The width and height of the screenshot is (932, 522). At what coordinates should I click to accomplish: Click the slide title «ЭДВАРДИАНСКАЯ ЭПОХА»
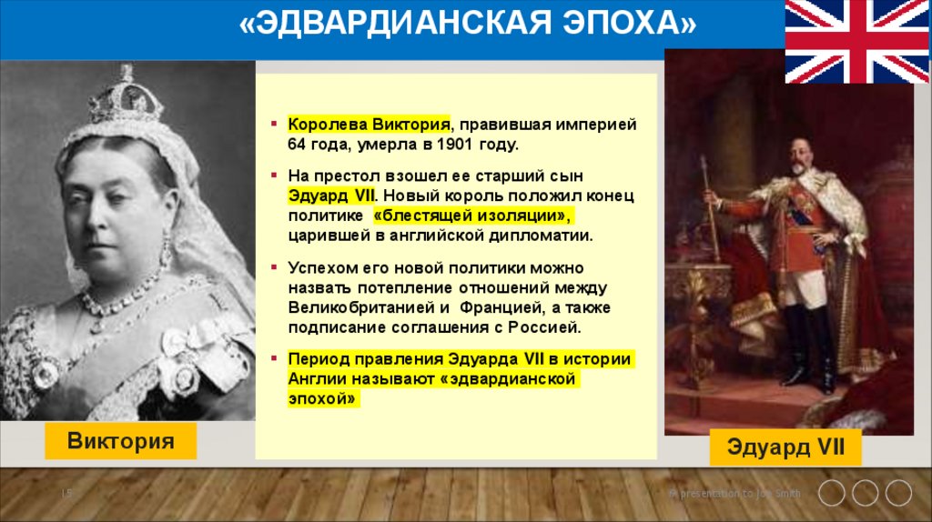pos(467,25)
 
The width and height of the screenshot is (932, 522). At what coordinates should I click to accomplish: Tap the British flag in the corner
pos(856,41)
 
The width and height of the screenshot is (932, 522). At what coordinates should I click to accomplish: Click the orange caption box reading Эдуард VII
pos(786,447)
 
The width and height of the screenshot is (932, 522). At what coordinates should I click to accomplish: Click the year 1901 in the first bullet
pos(463,145)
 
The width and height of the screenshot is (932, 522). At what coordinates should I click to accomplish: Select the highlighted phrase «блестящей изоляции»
pos(474,216)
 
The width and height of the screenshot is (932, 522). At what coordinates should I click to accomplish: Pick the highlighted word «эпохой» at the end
pos(324,398)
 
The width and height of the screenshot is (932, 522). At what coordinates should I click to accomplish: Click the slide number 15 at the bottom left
pos(66,493)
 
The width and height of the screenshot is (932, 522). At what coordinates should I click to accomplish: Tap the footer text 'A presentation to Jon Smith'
pos(735,494)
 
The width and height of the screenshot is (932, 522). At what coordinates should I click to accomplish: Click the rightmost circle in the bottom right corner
pos(898,493)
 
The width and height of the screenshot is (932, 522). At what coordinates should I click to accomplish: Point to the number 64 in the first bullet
pos(298,145)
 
